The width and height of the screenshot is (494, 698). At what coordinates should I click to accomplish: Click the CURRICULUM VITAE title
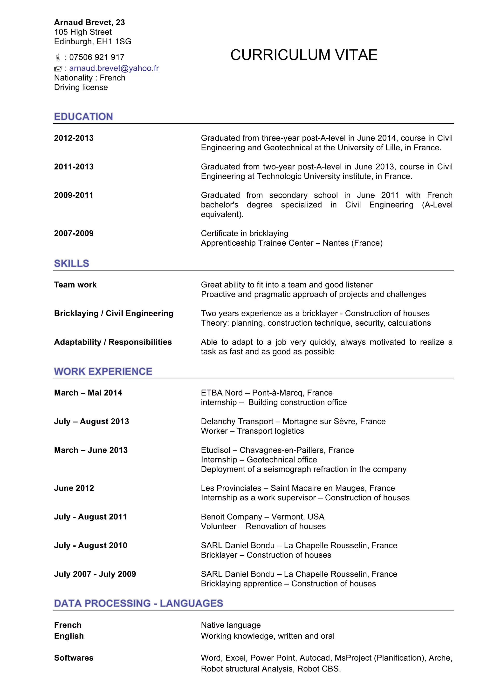click(x=304, y=55)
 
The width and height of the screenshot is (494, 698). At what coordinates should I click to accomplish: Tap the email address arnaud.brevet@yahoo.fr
click(x=114, y=68)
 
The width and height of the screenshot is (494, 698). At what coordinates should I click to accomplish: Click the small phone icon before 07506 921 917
click(x=58, y=57)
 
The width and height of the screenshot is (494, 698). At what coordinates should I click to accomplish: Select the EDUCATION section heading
click(x=83, y=116)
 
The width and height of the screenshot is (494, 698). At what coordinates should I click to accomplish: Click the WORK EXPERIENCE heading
click(x=103, y=371)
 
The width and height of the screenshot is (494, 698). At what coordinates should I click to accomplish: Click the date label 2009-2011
click(x=74, y=195)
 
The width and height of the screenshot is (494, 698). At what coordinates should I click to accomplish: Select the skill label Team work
click(x=75, y=285)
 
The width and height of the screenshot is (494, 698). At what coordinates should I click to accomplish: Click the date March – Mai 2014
click(x=88, y=393)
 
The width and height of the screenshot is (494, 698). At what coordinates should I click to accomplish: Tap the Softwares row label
click(x=74, y=658)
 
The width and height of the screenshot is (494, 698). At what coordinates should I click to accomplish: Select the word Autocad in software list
click(x=316, y=658)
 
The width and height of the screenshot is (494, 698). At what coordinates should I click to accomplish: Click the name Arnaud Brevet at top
click(x=83, y=22)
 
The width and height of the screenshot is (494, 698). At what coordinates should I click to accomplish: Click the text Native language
click(x=231, y=625)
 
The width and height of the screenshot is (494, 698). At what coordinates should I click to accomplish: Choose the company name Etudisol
click(x=215, y=450)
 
